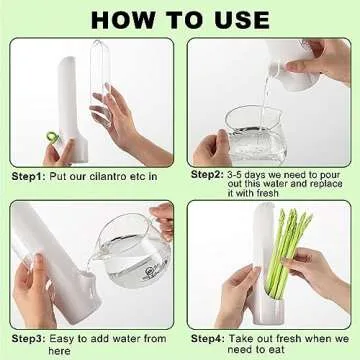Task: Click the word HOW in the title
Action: pos(121,19)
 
